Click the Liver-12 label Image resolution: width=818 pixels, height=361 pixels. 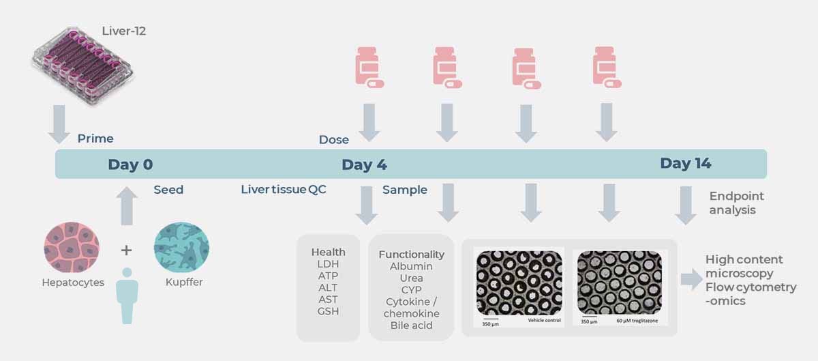[124, 31]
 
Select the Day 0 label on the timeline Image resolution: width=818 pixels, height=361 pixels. [130, 164]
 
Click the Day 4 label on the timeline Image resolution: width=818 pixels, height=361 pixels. [364, 164]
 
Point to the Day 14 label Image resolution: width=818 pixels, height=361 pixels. [685, 163]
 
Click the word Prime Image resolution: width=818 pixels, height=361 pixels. [95, 139]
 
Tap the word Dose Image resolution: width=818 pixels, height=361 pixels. [334, 140]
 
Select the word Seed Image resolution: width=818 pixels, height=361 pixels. [168, 190]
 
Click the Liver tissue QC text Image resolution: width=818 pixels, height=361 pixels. [284, 190]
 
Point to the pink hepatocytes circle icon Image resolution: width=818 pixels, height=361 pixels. [72, 247]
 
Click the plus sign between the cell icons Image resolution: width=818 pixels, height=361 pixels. [127, 250]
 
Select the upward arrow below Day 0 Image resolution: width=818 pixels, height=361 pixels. [127, 207]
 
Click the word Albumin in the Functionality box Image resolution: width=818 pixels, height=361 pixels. [411, 266]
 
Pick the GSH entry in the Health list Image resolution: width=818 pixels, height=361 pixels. [328, 311]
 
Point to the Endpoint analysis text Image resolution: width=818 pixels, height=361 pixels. [733, 203]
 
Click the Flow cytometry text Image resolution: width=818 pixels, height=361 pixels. [751, 287]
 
